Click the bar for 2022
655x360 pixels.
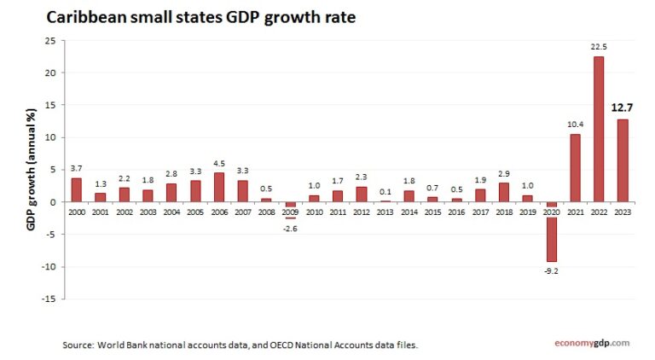point(599,129)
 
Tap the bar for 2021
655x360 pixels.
point(575,168)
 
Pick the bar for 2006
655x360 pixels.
point(219,187)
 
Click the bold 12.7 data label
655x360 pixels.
point(623,108)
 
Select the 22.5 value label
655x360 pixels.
point(599,46)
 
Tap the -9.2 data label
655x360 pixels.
point(552,271)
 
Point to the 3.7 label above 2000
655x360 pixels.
point(76,168)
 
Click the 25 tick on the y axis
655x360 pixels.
point(50,41)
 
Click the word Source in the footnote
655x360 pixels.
point(77,345)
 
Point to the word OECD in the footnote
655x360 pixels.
point(281,345)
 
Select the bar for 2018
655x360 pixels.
point(504,192)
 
